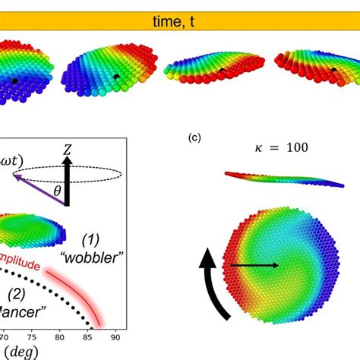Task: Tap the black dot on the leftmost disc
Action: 14,81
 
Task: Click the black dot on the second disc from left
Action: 115,76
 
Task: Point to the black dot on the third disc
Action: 221,70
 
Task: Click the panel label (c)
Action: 194,137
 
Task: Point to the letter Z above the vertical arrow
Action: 67,152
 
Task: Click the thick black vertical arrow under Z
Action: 67,183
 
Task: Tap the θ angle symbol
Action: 56,192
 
